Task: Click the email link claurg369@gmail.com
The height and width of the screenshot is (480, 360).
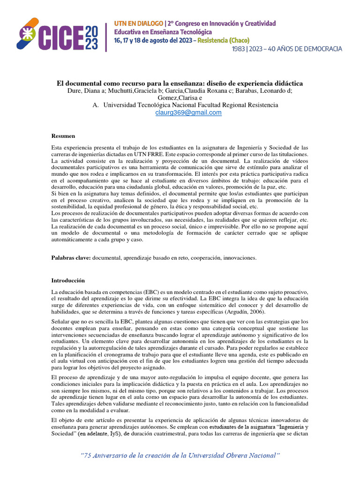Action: tap(188, 112)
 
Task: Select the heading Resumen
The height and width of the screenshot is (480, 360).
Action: tap(63, 136)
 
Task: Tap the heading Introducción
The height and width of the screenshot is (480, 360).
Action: tap(68, 280)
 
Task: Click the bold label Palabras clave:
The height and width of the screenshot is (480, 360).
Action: tap(71, 258)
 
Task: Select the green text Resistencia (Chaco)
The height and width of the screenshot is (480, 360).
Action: tap(224, 40)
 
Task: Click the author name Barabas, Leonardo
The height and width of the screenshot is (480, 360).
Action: tap(266, 91)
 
